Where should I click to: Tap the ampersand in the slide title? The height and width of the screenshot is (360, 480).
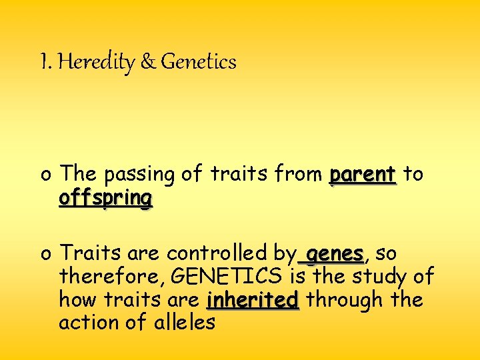(x=147, y=63)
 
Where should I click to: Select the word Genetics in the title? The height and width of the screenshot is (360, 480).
(x=199, y=63)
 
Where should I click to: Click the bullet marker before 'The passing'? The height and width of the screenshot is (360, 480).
(x=45, y=176)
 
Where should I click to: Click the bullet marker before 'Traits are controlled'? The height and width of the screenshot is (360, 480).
(x=45, y=255)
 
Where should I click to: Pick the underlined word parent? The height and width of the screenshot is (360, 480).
(x=363, y=175)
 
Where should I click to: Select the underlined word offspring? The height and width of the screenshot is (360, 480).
(x=105, y=199)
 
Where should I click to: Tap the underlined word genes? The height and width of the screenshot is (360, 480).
(x=335, y=254)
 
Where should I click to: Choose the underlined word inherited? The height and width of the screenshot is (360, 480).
(x=253, y=300)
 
